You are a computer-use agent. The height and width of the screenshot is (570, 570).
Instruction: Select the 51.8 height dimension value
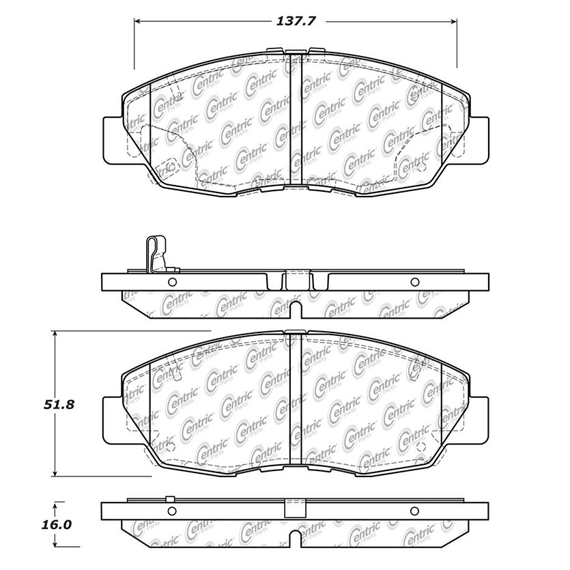click(59, 404)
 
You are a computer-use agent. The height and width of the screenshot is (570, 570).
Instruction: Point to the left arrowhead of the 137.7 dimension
click(138, 21)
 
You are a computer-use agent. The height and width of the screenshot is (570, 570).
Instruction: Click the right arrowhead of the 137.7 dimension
click(453, 21)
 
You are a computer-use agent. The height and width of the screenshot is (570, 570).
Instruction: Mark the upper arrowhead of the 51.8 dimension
click(55, 334)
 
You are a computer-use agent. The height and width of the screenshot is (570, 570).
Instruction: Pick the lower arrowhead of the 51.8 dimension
click(55, 472)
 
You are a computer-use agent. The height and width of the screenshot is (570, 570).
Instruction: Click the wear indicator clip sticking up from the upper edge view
click(157, 253)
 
